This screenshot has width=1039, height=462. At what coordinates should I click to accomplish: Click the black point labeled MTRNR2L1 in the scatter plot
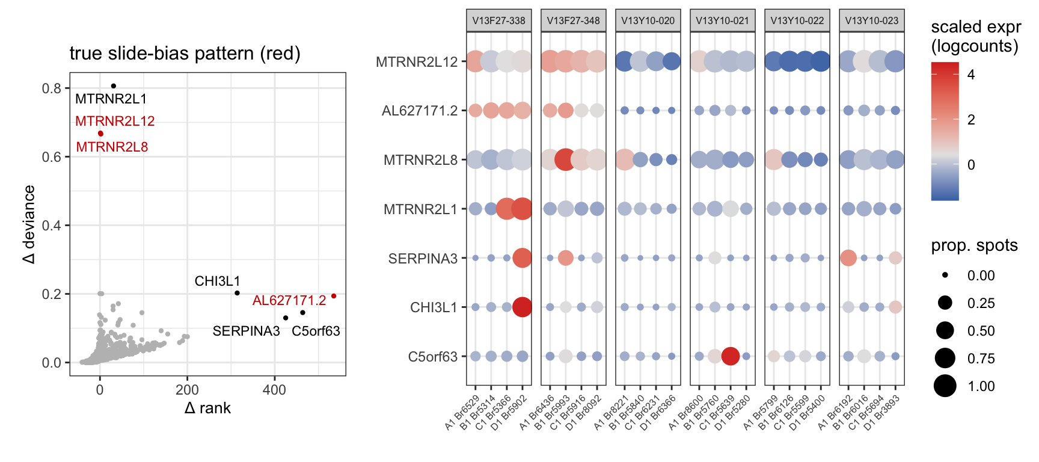(x=113, y=86)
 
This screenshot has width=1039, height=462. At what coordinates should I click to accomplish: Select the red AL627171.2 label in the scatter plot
(x=289, y=300)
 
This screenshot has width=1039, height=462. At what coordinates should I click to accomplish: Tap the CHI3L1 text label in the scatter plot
(x=218, y=281)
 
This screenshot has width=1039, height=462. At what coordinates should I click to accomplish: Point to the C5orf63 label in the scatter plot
(x=316, y=331)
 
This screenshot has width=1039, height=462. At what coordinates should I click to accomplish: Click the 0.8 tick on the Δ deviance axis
(x=52, y=88)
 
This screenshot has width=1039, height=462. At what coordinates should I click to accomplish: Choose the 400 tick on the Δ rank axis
(x=274, y=390)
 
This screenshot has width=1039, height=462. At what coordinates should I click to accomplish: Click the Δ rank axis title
(x=207, y=408)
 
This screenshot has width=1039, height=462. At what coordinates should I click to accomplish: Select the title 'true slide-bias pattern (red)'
(x=185, y=54)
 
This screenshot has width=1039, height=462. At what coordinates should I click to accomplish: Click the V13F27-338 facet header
(x=498, y=20)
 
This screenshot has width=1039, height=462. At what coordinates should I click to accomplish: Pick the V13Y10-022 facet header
(x=797, y=20)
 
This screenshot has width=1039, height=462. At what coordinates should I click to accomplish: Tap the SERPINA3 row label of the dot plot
(x=423, y=259)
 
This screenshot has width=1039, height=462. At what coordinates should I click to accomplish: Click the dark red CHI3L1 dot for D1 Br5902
(x=522, y=307)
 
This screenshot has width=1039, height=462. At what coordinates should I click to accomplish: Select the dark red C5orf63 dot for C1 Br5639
(x=730, y=356)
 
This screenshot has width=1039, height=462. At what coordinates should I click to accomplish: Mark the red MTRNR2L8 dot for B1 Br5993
(x=565, y=160)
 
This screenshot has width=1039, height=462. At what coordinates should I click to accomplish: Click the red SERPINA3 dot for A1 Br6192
(x=848, y=258)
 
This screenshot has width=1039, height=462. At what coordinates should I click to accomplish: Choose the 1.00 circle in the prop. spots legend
(x=945, y=386)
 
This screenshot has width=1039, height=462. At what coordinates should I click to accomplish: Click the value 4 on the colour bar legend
(x=971, y=75)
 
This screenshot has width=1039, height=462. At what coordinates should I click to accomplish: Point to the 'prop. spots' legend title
(x=974, y=245)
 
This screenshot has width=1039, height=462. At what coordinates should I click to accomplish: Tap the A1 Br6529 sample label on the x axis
(x=462, y=413)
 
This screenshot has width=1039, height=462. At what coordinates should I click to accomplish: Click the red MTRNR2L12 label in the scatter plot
(x=115, y=121)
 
